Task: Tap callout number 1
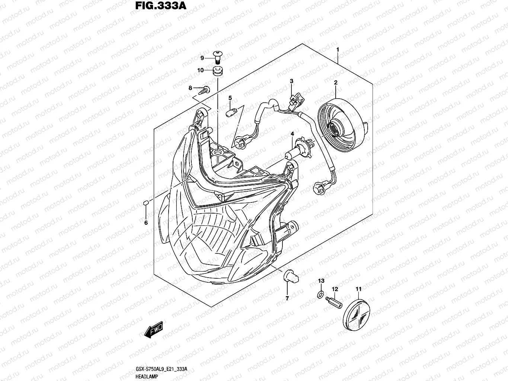(x=338, y=49)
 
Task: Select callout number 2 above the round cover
(x=335, y=83)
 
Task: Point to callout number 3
(x=292, y=81)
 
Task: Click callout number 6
(x=146, y=223)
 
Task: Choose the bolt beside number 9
(x=217, y=57)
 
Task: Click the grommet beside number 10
(x=217, y=71)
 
